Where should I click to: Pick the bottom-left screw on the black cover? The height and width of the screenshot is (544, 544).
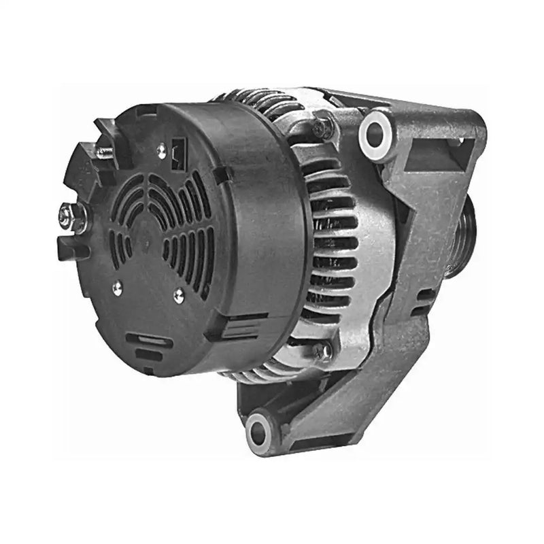pos(116,286)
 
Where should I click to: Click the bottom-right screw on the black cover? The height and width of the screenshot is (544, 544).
pos(179,293)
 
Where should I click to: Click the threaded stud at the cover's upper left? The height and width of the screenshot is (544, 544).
pos(103,152)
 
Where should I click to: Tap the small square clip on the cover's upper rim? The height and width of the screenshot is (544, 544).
pos(222,174)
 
